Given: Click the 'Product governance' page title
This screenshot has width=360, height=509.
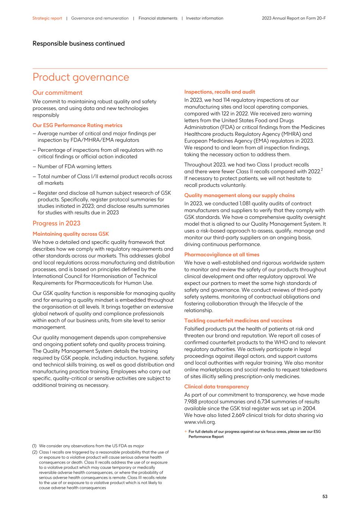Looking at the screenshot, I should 81,77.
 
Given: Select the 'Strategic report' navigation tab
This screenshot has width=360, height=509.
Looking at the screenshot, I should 47,18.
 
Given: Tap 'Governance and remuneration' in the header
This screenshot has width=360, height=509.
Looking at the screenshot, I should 100,18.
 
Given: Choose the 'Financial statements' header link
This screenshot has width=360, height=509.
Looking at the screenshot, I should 158,18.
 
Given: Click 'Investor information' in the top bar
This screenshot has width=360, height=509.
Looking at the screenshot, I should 205,18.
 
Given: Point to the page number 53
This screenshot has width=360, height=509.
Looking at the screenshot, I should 325,497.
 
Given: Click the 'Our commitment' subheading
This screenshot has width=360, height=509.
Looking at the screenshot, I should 57,92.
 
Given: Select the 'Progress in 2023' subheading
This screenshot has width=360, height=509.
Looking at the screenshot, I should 56,223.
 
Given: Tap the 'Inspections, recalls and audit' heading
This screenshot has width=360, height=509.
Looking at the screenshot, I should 220,92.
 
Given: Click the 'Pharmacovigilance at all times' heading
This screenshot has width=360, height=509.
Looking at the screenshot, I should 222,255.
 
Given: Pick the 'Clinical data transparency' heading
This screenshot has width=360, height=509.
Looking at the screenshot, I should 217,387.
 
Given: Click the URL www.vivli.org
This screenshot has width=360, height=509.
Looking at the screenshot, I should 200,422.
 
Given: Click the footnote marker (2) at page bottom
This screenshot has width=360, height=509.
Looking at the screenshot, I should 35,452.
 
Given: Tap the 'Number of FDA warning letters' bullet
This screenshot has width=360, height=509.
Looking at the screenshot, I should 74,167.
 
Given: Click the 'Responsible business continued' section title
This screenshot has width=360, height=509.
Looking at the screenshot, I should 79,44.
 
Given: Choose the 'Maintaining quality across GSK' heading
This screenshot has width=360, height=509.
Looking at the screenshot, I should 70,234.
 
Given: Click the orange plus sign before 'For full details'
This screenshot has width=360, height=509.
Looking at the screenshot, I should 186,432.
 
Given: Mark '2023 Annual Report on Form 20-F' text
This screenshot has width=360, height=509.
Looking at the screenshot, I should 294,18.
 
